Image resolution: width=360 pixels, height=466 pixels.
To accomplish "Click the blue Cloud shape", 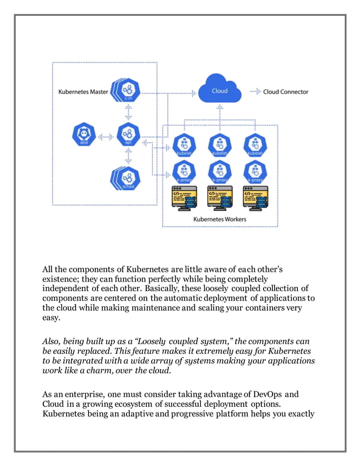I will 219,91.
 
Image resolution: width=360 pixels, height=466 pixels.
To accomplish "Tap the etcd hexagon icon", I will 84,136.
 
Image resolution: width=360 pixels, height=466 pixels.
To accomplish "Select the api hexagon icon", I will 128,136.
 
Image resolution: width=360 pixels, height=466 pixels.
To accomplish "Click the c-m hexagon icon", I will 128,90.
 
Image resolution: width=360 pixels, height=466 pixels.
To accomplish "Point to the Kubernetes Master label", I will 84,91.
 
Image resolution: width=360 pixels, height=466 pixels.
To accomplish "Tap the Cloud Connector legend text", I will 286,91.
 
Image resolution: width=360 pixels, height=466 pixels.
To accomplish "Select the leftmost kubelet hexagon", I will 183,145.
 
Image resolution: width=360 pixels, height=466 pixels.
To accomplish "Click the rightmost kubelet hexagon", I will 254,145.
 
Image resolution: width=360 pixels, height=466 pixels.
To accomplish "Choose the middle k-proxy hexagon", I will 219,172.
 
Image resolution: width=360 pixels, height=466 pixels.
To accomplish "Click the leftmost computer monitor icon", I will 183,199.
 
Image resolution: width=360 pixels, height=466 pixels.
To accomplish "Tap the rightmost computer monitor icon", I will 254,199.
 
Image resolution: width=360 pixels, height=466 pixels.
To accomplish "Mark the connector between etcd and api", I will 106,137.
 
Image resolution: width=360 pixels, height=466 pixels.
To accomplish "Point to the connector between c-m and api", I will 128,112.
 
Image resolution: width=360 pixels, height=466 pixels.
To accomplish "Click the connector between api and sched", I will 128,157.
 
